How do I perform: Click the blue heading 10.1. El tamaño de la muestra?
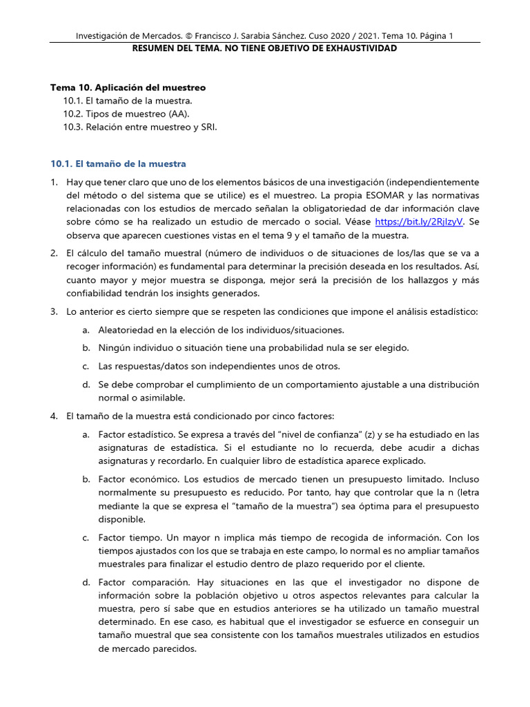coord(118,164)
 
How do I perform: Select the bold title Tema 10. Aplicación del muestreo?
coord(128,88)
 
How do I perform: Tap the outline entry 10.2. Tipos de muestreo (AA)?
coord(126,113)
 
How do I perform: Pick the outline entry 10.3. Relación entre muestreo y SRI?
coord(141,126)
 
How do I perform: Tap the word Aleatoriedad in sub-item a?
coord(126,330)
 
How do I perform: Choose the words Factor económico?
coord(135,478)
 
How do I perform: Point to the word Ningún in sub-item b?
coord(114,347)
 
